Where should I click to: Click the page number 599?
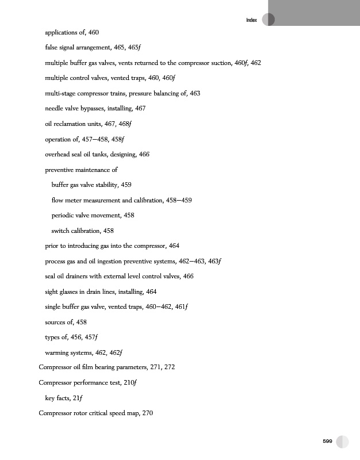(x=327, y=441)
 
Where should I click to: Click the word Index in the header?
(x=251, y=21)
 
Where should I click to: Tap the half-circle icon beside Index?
(x=268, y=20)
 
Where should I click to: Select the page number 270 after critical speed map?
(x=146, y=413)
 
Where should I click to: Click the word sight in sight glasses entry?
(x=52, y=292)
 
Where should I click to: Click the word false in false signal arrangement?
(x=52, y=47)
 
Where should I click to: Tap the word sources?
(x=56, y=321)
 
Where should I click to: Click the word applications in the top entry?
(x=62, y=31)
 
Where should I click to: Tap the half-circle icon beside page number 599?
(x=343, y=441)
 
